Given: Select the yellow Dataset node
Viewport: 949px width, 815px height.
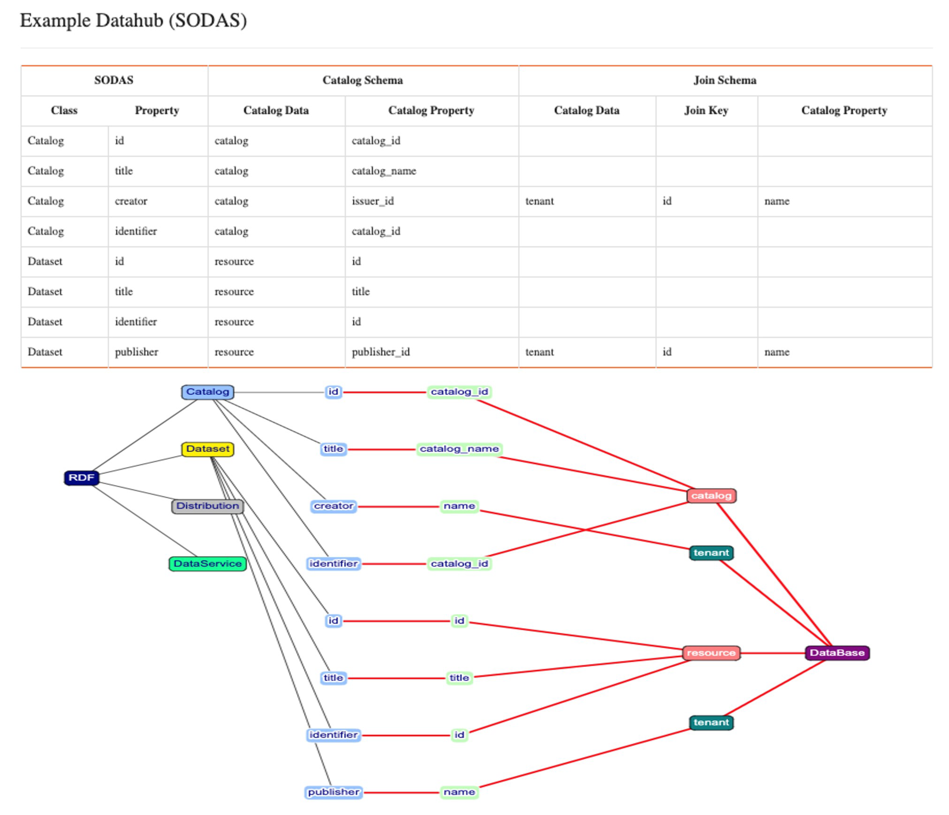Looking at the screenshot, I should pyautogui.click(x=208, y=449).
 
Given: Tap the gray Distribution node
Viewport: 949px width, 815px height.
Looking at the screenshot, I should pyautogui.click(x=208, y=506).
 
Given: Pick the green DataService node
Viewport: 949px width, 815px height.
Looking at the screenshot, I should pyautogui.click(x=208, y=563).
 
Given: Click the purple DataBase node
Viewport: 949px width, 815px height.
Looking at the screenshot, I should pyautogui.click(x=837, y=653).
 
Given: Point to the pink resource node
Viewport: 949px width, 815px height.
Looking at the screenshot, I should pyautogui.click(x=711, y=653).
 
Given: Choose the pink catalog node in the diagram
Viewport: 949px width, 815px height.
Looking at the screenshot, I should pyautogui.click(x=711, y=496).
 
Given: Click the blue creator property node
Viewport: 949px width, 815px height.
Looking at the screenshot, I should pyautogui.click(x=334, y=506).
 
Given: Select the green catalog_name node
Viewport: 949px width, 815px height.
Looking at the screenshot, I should pyautogui.click(x=459, y=449).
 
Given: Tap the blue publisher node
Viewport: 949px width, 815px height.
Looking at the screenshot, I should pyautogui.click(x=334, y=792).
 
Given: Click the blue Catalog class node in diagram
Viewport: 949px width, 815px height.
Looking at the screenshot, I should pyautogui.click(x=208, y=392).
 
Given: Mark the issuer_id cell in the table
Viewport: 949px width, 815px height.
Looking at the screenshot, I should pyautogui.click(x=372, y=201).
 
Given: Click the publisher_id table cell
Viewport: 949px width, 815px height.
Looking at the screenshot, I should pyautogui.click(x=381, y=352).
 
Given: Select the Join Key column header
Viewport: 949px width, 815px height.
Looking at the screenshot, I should pyautogui.click(x=706, y=110).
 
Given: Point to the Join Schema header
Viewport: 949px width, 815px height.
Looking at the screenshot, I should pyautogui.click(x=725, y=80).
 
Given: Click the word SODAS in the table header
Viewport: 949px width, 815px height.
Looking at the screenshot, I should pyautogui.click(x=113, y=80).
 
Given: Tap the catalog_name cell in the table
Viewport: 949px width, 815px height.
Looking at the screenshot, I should pyautogui.click(x=383, y=171).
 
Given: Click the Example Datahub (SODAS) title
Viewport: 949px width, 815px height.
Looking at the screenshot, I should pyautogui.click(x=133, y=21).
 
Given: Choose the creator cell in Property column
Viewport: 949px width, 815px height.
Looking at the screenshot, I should pyautogui.click(x=131, y=201).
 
